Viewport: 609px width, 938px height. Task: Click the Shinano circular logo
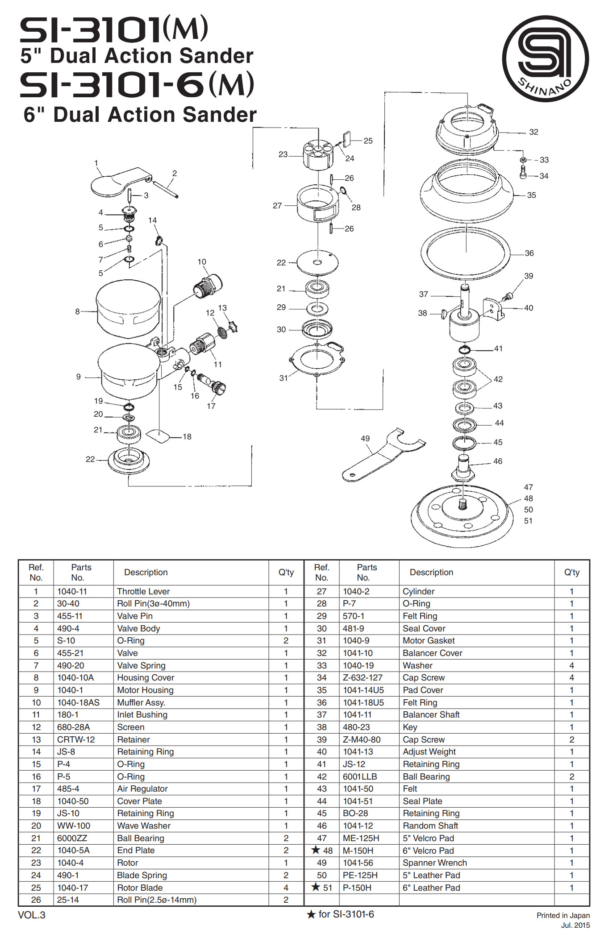coord(545,58)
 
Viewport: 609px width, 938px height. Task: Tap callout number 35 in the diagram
coord(531,195)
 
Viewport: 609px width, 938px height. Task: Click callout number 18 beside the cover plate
coord(187,436)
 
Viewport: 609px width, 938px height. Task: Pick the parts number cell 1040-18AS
coord(78,702)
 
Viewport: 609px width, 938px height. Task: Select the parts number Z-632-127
coord(363,677)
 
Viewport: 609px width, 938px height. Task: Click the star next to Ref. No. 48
coord(316,850)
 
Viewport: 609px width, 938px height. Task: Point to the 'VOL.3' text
coord(31,915)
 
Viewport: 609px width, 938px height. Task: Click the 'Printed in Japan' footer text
coord(563,915)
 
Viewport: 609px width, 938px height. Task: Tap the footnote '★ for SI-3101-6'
coord(340,914)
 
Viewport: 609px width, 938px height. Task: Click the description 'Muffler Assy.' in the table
coord(141,702)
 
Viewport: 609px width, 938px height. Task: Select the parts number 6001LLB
coord(359,776)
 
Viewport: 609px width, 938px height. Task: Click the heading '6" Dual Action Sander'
coord(140,115)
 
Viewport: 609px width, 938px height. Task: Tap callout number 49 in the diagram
coord(365,438)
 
